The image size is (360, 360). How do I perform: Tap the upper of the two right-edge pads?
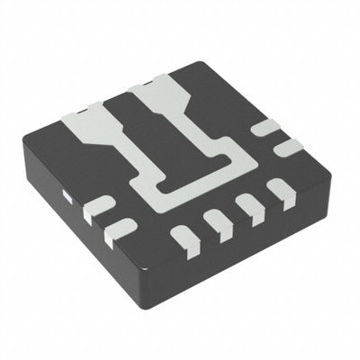260,132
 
